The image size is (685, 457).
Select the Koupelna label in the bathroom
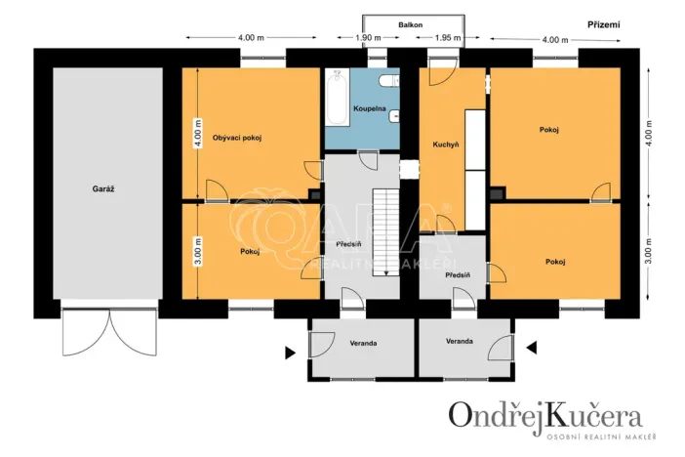click(x=370, y=107)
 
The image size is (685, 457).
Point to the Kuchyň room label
click(x=446, y=145)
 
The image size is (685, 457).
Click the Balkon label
click(x=409, y=23)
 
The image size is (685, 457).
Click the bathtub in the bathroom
click(x=338, y=99)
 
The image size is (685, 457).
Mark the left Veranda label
click(x=363, y=343)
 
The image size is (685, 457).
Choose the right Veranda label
click(x=460, y=341)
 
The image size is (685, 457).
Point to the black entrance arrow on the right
click(x=532, y=347)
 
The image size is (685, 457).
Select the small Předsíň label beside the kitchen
click(x=458, y=275)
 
